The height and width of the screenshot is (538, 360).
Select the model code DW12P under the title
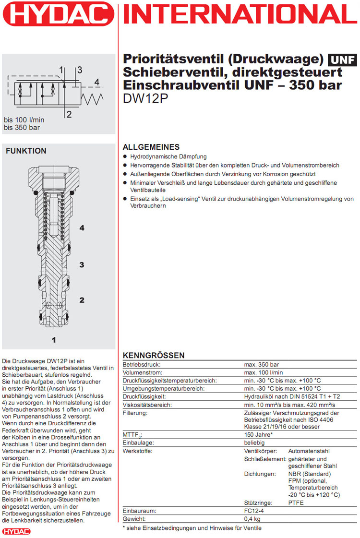click(x=142, y=98)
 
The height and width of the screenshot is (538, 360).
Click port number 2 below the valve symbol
click(x=69, y=114)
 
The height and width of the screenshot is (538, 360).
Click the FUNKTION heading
click(x=26, y=151)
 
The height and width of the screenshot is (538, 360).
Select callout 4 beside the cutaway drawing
click(x=82, y=228)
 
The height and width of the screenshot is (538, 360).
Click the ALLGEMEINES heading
click(x=151, y=147)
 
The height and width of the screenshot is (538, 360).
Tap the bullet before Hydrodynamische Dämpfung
click(x=125, y=156)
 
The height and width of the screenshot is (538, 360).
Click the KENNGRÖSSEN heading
click(x=154, y=355)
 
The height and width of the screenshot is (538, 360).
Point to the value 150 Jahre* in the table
click(x=259, y=435)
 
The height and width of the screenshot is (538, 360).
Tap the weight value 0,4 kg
click(x=252, y=519)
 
